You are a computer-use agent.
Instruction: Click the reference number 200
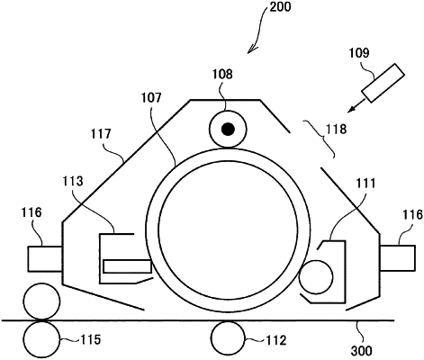click(280, 6)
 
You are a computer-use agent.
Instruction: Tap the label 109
click(359, 53)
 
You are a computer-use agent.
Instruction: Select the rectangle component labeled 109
click(383, 83)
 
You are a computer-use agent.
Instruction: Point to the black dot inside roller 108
click(228, 130)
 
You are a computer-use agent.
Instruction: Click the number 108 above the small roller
click(222, 74)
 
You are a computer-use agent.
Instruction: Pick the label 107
click(152, 98)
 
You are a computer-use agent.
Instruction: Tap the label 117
click(101, 134)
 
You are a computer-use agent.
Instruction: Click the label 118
click(337, 129)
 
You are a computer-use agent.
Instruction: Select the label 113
click(73, 181)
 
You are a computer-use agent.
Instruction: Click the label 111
click(365, 183)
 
